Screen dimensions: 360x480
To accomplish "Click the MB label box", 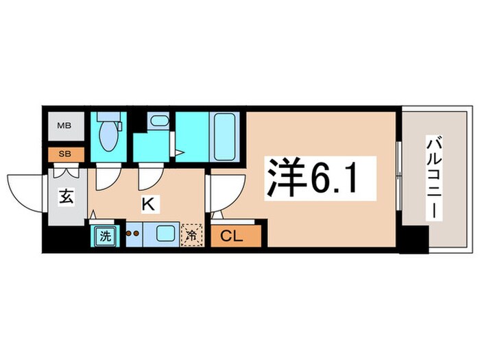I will pyautogui.click(x=64, y=126).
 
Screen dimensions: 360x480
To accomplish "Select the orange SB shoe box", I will pyautogui.click(x=64, y=154).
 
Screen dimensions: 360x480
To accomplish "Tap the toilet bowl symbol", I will pyautogui.click(x=108, y=134).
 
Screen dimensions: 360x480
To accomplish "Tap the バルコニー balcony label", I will pyautogui.click(x=433, y=176).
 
